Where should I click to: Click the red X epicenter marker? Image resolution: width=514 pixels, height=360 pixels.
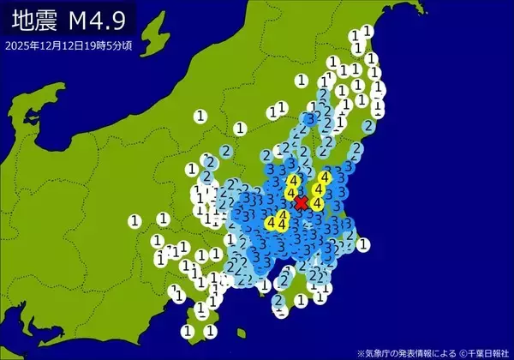(x=301, y=203)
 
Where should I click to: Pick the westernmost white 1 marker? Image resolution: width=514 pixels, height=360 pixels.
(x=134, y=220)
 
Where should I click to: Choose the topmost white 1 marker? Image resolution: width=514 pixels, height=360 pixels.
(x=367, y=31)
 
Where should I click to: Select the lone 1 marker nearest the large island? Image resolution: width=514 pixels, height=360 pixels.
(x=200, y=115)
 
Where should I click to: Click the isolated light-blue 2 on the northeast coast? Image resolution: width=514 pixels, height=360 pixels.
(x=368, y=125)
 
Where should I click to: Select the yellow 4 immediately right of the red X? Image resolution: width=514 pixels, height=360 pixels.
(x=317, y=203)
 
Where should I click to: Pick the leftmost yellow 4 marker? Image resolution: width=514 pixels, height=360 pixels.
(x=271, y=224)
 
